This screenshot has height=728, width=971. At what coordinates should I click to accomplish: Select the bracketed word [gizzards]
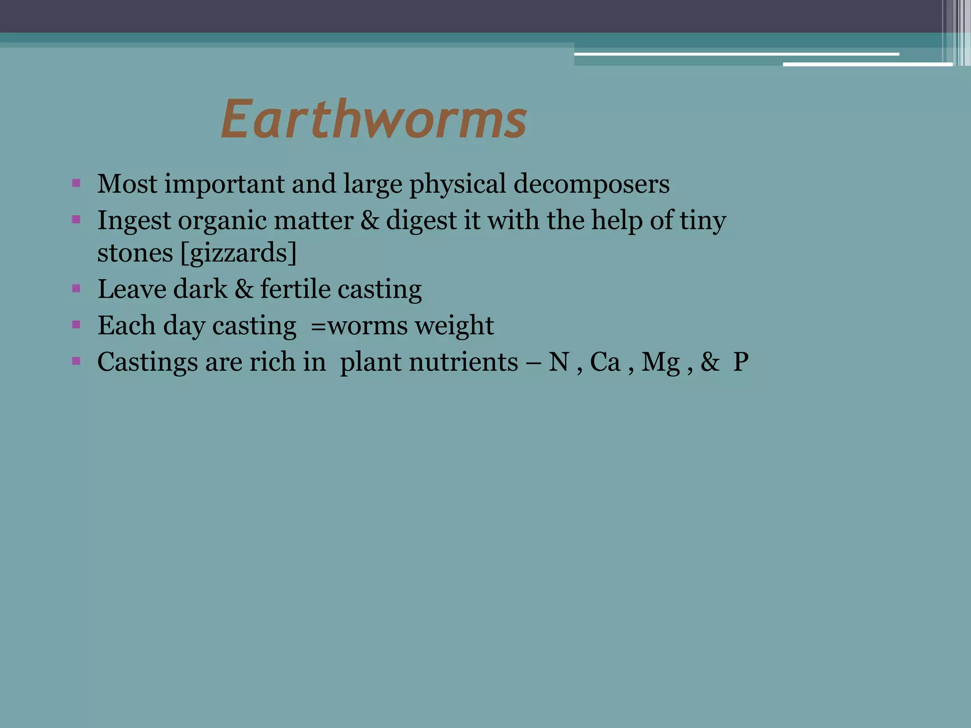[x=238, y=253]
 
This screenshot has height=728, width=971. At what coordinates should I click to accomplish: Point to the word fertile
[x=295, y=289]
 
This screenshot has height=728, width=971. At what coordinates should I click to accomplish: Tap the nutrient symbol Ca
[x=605, y=363]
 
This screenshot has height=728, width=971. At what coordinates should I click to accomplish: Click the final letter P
[x=741, y=363]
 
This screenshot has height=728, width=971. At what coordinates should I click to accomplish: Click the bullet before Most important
[x=76, y=183]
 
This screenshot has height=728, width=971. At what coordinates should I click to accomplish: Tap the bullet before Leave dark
[x=76, y=288]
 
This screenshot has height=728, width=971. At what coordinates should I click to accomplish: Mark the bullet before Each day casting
[x=76, y=325]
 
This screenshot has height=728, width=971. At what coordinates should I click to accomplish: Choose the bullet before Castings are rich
[x=76, y=361]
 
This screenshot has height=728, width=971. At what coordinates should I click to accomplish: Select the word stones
[x=135, y=253]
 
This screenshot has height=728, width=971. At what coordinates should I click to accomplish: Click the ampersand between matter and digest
[x=370, y=221]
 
